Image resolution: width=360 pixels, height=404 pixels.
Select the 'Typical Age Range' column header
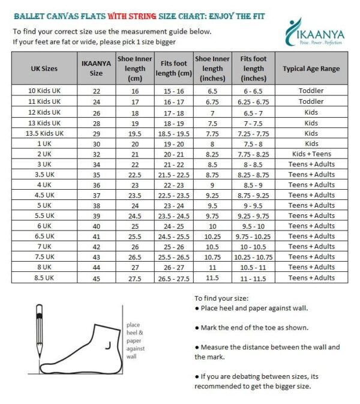[311, 68]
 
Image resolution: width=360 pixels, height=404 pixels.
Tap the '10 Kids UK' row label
[44, 91]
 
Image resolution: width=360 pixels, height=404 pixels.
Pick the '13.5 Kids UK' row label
[44, 133]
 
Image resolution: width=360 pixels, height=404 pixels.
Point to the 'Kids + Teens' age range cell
[311, 153]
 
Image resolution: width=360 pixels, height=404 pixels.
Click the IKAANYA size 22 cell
[97, 91]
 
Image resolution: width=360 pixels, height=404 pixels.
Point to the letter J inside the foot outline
[107, 345]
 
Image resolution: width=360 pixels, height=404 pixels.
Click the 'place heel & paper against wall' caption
[136, 340]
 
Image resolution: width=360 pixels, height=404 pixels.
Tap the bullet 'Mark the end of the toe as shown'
[251, 328]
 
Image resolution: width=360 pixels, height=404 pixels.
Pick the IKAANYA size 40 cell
[97, 226]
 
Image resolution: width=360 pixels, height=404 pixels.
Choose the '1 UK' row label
[44, 143]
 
